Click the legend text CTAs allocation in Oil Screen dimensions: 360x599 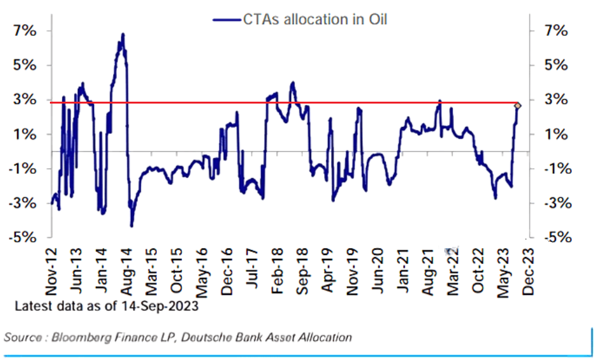click(315, 20)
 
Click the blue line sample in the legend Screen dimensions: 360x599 click(227, 20)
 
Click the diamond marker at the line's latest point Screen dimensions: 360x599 click(517, 105)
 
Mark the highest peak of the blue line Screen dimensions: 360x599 click(123, 34)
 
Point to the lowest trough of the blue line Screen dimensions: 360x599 click(131, 225)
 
